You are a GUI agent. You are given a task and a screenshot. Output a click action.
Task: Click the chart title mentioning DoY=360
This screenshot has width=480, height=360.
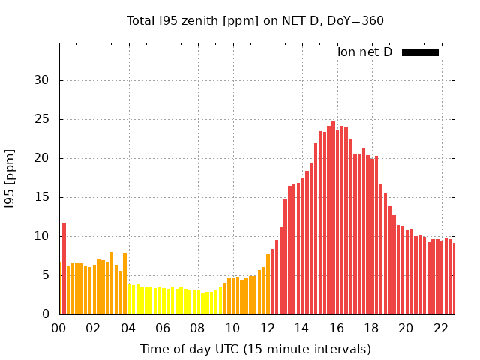coord(255,20)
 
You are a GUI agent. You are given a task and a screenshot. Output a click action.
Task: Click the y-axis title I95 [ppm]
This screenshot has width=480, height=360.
coord(10,178)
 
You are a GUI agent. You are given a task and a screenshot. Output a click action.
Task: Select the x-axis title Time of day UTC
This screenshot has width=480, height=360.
coord(255,349)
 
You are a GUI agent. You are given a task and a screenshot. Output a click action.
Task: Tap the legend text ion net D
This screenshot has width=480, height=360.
coord(364,52)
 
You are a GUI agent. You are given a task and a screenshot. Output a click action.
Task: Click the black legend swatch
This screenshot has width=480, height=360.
coord(420,52)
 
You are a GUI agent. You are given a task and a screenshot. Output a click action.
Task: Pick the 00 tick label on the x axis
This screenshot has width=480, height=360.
coord(59,328)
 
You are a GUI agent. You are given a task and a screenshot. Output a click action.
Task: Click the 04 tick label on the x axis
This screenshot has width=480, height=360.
coord(128,328)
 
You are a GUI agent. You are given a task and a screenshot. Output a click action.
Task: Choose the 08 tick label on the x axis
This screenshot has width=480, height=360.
coord(198,328)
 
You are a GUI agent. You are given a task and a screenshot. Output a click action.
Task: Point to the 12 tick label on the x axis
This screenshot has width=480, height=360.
coord(267,328)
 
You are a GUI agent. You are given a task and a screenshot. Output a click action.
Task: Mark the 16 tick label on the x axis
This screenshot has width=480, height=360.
coord(337,328)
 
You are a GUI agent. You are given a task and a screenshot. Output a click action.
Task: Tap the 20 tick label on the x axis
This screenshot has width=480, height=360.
coord(406,328)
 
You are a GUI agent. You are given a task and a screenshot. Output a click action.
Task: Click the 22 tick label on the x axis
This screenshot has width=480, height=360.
coord(440,328)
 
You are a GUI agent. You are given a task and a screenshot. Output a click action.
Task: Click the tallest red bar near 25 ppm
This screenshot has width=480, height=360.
coord(333,217)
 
